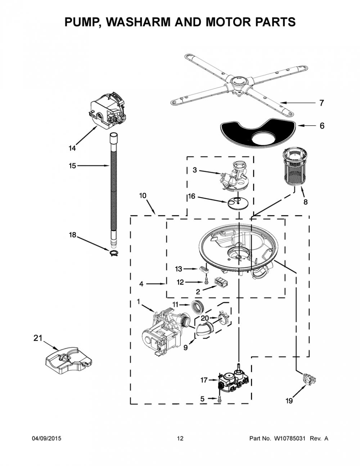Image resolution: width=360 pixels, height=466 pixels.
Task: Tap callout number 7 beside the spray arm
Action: tap(321, 103)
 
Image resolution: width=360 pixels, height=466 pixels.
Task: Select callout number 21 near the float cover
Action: tap(38, 338)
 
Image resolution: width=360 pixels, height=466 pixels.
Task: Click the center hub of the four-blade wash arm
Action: tap(239, 82)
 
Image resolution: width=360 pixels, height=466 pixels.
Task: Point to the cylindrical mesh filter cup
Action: tap(295, 167)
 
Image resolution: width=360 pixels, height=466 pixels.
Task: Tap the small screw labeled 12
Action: tap(206, 281)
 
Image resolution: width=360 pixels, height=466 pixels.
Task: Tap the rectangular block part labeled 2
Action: tap(221, 282)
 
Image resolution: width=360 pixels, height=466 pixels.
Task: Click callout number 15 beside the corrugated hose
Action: tap(72, 166)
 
